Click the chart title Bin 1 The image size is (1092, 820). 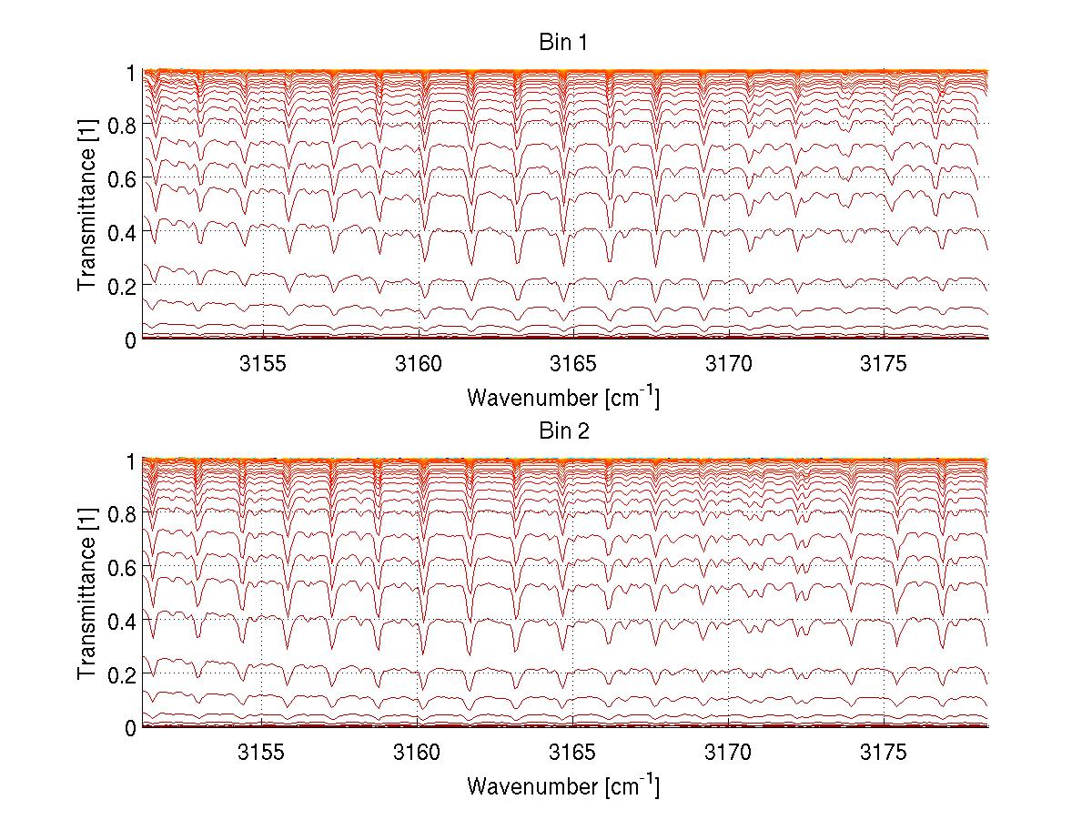(x=563, y=43)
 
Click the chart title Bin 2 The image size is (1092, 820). (x=563, y=430)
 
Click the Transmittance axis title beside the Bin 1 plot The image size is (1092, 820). (x=87, y=206)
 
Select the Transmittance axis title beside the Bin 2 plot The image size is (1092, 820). (x=87, y=593)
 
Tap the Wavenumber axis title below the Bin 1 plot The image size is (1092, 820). (x=563, y=398)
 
